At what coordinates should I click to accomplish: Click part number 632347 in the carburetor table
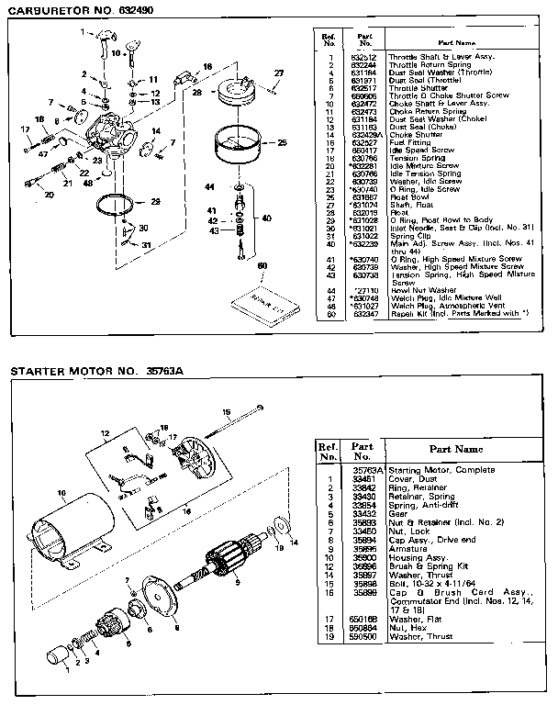click(364, 313)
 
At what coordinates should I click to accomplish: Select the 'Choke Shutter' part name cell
click(415, 136)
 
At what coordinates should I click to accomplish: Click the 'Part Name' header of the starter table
click(455, 450)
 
